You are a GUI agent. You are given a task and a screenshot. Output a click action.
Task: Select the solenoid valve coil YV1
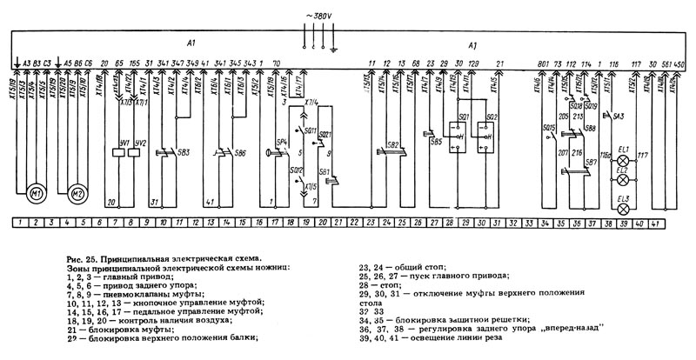[x=126, y=143]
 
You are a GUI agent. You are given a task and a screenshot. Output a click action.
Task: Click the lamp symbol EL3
[x=623, y=203]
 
